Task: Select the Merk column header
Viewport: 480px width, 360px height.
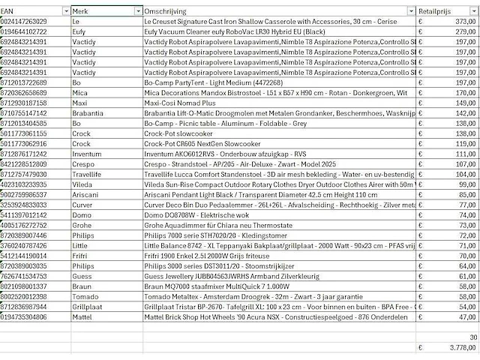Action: (x=101, y=11)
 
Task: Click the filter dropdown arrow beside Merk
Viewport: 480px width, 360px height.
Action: (x=137, y=11)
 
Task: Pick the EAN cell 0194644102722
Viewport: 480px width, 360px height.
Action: (x=34, y=32)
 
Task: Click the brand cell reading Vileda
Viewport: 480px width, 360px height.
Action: (x=82, y=181)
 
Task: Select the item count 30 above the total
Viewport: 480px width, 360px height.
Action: (x=472, y=337)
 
